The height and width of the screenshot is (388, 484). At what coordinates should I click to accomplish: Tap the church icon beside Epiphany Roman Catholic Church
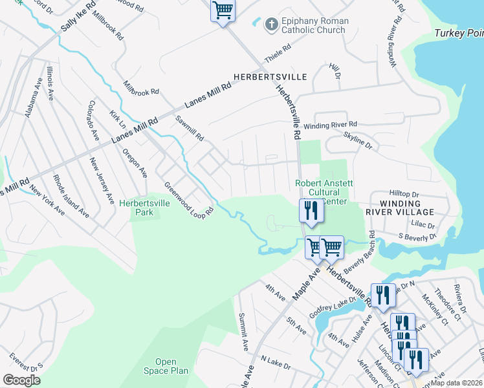tap(272, 25)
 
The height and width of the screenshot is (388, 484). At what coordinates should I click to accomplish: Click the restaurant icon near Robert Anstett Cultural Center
tap(311, 210)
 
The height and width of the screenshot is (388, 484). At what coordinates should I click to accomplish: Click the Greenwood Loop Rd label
tap(188, 199)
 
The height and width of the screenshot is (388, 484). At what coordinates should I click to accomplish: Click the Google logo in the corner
tap(21, 380)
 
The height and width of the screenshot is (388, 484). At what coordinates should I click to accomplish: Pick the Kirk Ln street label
tap(118, 120)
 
